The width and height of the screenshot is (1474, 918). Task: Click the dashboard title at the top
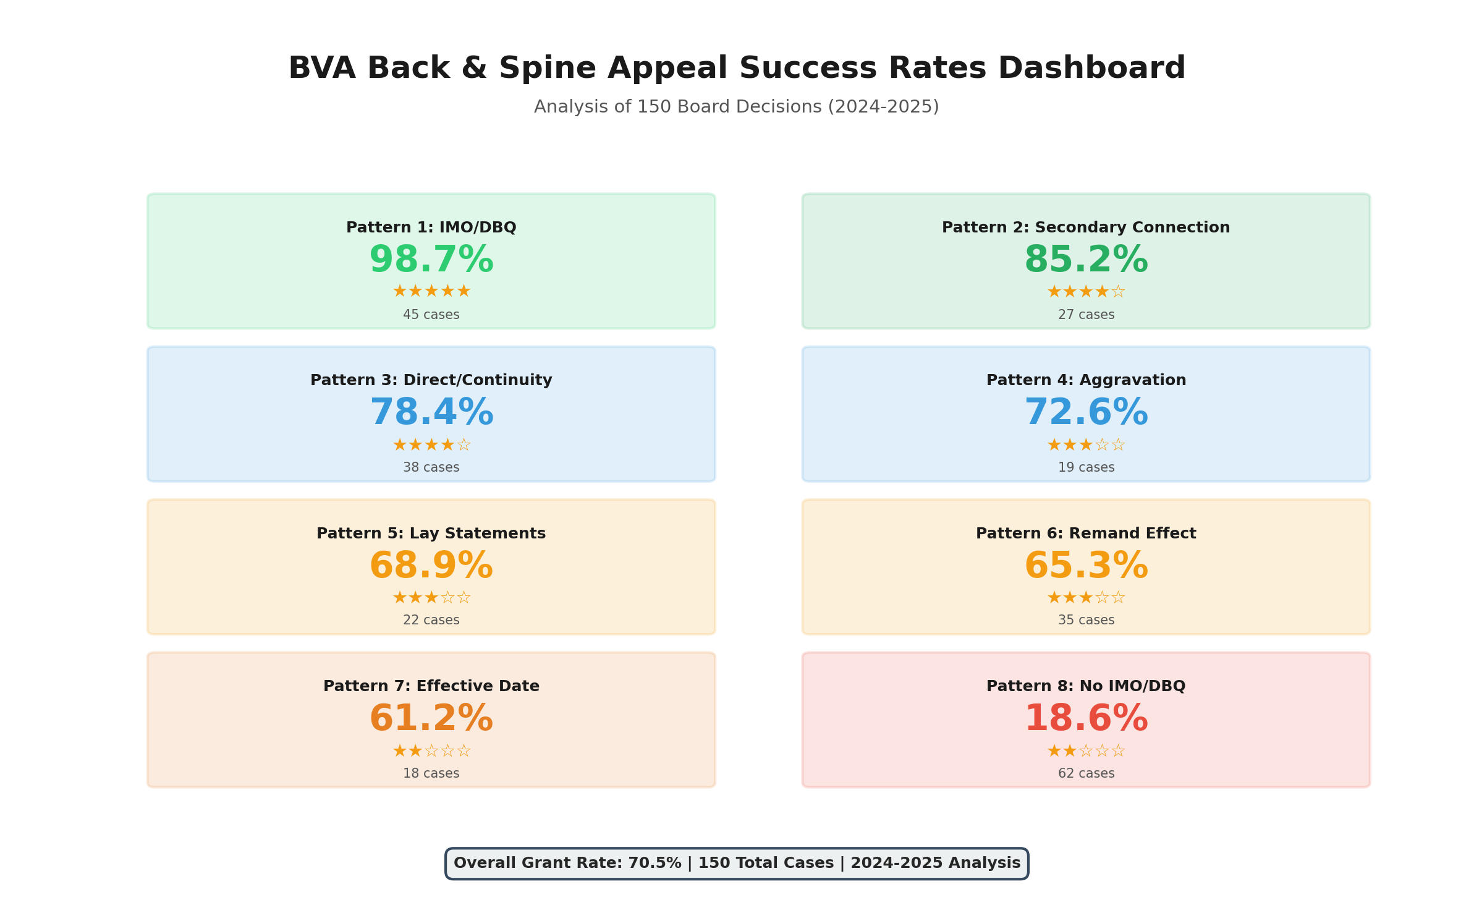click(737, 68)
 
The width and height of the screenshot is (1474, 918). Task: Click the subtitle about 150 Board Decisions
click(737, 107)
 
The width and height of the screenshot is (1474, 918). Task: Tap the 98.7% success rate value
click(431, 260)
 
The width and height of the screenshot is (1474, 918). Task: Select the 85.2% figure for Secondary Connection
click(1086, 260)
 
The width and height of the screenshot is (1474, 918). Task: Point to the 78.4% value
click(431, 412)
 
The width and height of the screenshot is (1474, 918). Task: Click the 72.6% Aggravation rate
click(1086, 412)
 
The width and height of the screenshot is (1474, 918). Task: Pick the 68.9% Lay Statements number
click(431, 566)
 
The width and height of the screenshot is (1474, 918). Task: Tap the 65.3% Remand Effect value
click(1086, 566)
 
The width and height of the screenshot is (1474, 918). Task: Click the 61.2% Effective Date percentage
click(431, 718)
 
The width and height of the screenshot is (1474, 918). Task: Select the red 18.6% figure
click(1086, 718)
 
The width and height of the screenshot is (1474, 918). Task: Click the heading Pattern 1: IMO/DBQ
click(431, 227)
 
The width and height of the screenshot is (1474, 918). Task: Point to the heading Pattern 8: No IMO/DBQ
click(1086, 686)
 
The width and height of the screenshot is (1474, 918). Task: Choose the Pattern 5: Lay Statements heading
click(431, 533)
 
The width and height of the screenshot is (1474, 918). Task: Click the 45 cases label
click(431, 315)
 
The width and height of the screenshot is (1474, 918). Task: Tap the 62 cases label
click(1086, 773)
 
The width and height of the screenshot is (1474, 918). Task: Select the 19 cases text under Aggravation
click(1086, 467)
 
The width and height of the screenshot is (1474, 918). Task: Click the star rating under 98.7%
click(431, 291)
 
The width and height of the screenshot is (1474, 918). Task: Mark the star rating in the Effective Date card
click(431, 751)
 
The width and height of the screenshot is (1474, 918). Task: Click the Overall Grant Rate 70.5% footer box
click(737, 863)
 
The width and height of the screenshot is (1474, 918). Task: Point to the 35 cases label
click(1086, 620)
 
